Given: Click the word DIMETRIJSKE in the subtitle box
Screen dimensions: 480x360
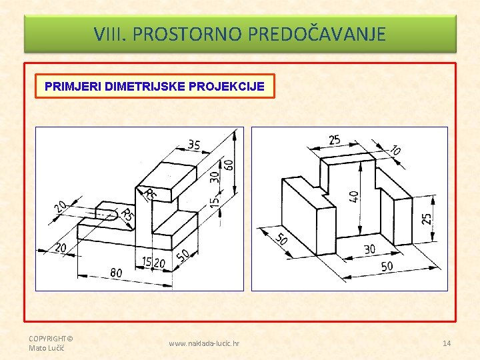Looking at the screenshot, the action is click(x=145, y=86).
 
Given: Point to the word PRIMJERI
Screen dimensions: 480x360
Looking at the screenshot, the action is click(x=73, y=86).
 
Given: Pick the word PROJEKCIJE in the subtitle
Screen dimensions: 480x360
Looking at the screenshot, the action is click(x=227, y=86).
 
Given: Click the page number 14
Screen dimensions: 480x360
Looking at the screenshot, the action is click(x=447, y=343).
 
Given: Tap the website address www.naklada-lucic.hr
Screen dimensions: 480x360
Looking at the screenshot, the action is click(x=204, y=343).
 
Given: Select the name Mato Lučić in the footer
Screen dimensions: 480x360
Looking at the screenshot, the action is click(x=47, y=348).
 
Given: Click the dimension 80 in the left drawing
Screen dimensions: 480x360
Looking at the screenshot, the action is click(x=116, y=273).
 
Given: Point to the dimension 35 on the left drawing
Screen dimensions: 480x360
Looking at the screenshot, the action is click(x=194, y=145).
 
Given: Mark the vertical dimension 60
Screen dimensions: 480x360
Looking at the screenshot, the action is click(x=230, y=165).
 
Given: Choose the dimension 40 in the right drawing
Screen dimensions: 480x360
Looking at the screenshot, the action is click(x=354, y=197).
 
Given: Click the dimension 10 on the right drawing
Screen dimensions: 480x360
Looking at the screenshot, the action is click(x=395, y=150).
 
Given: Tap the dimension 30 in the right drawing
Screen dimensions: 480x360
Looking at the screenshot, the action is click(x=370, y=249).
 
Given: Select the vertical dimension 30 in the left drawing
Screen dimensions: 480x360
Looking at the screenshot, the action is click(x=215, y=177).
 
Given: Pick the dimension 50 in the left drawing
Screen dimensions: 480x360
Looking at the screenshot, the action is click(x=183, y=255).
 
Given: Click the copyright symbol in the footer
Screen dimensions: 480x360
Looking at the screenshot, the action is click(x=70, y=339).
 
